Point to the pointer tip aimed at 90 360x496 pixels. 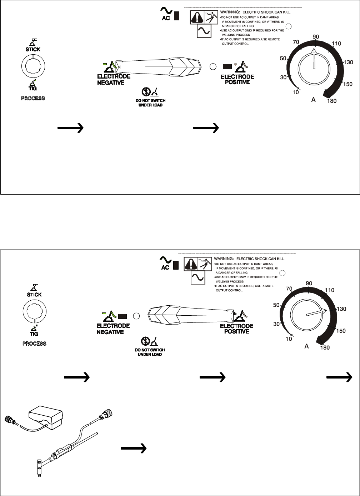314,51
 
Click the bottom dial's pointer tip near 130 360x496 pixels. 325,310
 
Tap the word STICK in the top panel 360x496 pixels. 33,49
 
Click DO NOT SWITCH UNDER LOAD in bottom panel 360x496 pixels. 150,352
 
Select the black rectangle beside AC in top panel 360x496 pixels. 176,17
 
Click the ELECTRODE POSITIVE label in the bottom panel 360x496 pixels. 236,329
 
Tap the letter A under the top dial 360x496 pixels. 313,101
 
